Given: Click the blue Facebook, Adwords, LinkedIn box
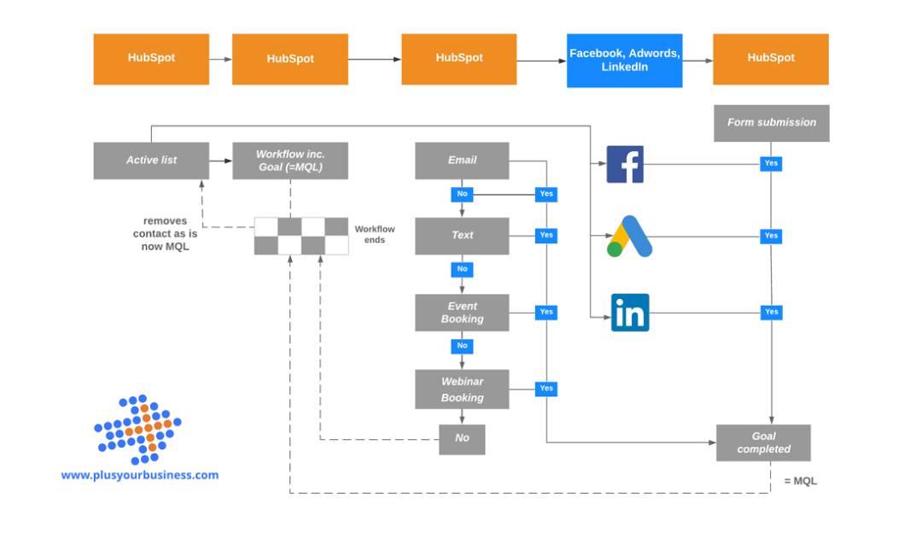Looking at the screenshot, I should click(624, 60).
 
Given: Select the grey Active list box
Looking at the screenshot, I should click(151, 161).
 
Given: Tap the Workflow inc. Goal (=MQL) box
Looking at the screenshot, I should click(290, 161).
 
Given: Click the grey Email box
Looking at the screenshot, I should click(462, 161).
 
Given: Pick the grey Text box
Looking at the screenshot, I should click(462, 236).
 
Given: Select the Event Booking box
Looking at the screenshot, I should click(462, 313).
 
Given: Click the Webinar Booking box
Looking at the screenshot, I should click(462, 390).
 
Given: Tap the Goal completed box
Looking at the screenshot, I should click(763, 442).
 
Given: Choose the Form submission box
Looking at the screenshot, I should click(771, 123).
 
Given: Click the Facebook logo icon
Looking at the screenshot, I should click(625, 164).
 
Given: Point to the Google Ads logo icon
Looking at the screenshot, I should click(630, 237).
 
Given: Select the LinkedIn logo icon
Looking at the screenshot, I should click(630, 313).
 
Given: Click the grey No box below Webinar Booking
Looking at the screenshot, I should click(462, 439).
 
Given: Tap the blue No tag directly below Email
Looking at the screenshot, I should click(462, 194).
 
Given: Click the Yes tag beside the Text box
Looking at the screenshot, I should click(546, 235).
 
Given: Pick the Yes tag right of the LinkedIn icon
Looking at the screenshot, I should click(771, 312).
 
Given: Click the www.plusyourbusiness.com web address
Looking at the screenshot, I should click(139, 476).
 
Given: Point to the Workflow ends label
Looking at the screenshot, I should click(375, 235).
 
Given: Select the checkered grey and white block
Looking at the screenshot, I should click(301, 236).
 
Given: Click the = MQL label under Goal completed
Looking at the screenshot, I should click(800, 482).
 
